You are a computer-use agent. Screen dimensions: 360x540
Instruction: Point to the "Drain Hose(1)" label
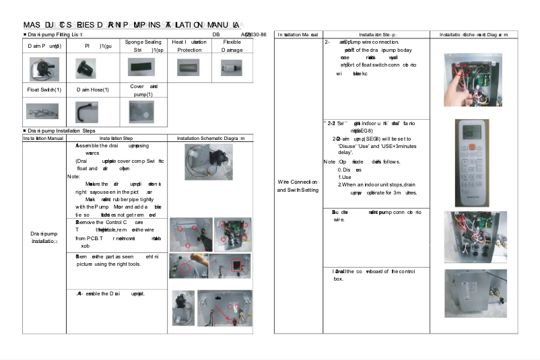92,89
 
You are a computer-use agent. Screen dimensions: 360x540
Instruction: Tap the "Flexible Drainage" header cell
231,46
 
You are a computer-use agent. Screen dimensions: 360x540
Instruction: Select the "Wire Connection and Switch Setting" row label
298,186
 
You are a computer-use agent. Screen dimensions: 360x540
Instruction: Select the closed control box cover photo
475,293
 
